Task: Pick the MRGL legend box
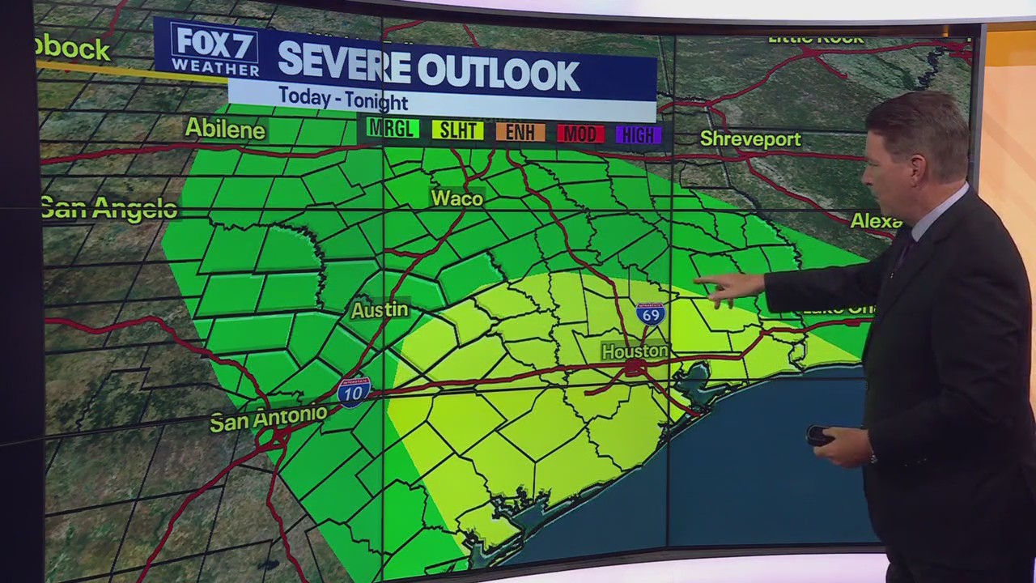click(x=392, y=129)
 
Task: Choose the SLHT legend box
click(x=457, y=130)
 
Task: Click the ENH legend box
click(x=520, y=132)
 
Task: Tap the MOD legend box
click(x=580, y=134)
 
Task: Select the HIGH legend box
click(x=639, y=135)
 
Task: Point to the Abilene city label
click(x=225, y=129)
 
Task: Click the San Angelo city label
click(x=108, y=209)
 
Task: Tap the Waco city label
click(x=456, y=198)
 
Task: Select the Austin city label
click(x=380, y=310)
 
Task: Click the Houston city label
click(x=635, y=351)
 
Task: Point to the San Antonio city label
click(x=268, y=419)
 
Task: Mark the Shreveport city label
click(x=750, y=139)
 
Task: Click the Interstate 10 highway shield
click(x=354, y=392)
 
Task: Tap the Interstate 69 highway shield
click(x=650, y=313)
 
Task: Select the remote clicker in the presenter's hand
click(x=820, y=436)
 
